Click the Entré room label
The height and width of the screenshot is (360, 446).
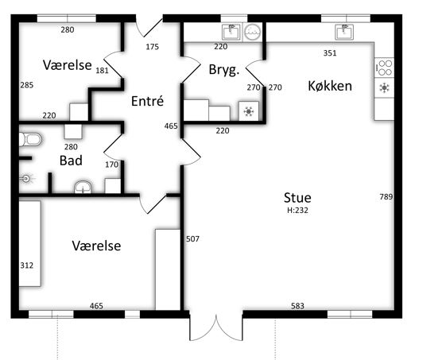point(147,101)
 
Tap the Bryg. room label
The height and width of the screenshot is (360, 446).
point(224,70)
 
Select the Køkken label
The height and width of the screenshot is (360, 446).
point(330,86)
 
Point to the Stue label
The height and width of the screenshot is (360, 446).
point(297,198)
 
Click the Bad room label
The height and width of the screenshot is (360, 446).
point(71,161)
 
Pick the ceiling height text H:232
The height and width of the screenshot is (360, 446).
point(297,211)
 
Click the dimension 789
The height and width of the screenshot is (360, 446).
point(386,196)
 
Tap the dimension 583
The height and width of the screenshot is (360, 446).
point(297,306)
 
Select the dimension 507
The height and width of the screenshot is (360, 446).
point(192,239)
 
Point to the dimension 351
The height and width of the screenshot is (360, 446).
point(330,53)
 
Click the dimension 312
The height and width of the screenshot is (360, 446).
point(27,265)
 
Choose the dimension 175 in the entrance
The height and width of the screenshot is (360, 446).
point(152,47)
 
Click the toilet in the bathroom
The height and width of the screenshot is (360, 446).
point(30,139)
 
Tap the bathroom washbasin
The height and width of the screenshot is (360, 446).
point(83,187)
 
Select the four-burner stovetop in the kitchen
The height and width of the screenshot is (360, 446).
point(384,68)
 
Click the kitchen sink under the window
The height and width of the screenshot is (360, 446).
point(344,32)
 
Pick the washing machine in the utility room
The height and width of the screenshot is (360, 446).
point(253,32)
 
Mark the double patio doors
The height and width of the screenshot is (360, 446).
point(216,327)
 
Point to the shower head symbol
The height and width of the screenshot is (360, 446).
point(26,179)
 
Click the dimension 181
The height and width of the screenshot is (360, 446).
point(102,70)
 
